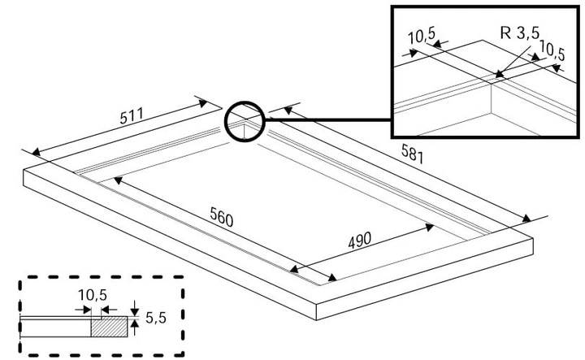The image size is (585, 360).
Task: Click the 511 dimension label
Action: pyautogui.click(x=132, y=115)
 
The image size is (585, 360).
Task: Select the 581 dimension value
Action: pyautogui.click(x=412, y=154)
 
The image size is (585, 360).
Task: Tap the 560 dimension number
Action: pyautogui.click(x=222, y=217)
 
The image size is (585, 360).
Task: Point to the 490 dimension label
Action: pyautogui.click(x=360, y=241)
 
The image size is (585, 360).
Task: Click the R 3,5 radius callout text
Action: pyautogui.click(x=520, y=33)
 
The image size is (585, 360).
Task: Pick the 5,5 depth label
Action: pyautogui.click(x=155, y=318)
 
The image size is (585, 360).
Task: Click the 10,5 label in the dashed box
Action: pyautogui.click(x=93, y=295)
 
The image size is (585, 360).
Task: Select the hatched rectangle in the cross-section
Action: pyautogui.click(x=110, y=327)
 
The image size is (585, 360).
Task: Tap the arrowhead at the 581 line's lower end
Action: pyautogui.click(x=526, y=219)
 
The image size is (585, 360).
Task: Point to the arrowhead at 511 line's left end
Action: pyautogui.click(x=36, y=152)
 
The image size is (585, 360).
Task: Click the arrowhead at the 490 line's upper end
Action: pyautogui.click(x=430, y=228)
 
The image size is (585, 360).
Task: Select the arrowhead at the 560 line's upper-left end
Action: pyautogui.click(x=118, y=180)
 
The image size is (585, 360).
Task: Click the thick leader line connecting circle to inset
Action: pyautogui.click(x=328, y=119)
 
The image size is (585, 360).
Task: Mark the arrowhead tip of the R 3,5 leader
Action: pyautogui.click(x=496, y=77)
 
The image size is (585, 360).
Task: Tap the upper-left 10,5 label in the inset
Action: pyautogui.click(x=422, y=36)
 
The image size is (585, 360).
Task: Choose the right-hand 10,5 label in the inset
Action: pyautogui.click(x=552, y=52)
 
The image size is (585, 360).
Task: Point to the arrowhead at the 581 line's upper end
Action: pyautogui.click(x=288, y=110)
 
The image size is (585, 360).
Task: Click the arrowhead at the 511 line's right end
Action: pyautogui.click(x=202, y=103)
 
